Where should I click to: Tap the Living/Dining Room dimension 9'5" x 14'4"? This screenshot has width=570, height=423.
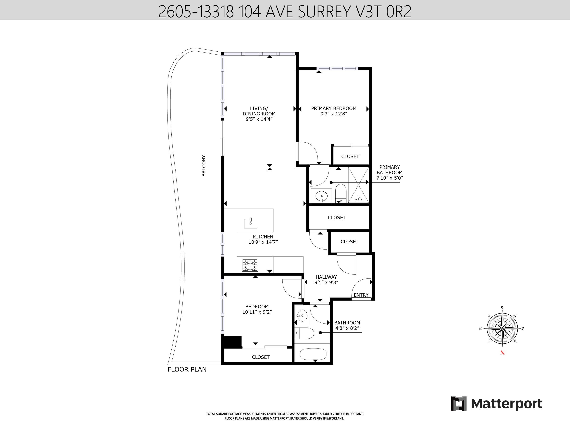click(259, 119)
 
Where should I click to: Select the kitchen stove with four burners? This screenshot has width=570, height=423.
click(250, 265)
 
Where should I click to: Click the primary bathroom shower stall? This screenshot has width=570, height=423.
click(358, 185)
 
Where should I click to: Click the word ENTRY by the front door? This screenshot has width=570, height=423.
click(361, 295)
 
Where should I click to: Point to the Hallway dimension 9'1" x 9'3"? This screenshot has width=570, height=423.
click(326, 282)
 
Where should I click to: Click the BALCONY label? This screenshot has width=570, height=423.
click(204, 166)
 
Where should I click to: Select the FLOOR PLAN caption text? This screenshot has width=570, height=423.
click(187, 369)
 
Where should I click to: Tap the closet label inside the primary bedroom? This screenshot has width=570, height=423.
click(350, 156)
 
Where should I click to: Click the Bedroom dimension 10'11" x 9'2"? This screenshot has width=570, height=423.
click(257, 312)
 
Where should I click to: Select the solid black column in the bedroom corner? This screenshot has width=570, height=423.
click(232, 342)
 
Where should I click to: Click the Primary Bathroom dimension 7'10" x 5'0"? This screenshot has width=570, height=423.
click(390, 178)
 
